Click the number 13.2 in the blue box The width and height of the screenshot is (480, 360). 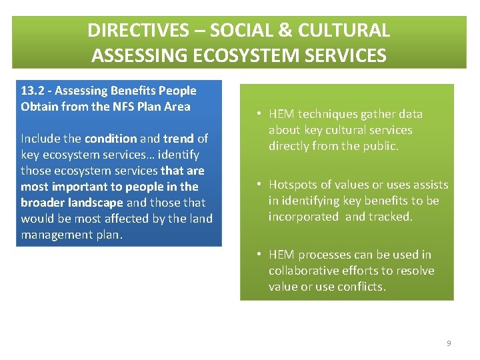click(33, 91)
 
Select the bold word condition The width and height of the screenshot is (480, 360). click(111, 139)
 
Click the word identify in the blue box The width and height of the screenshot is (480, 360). click(178, 155)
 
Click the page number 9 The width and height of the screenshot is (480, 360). click(449, 343)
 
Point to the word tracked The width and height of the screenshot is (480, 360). click(391, 217)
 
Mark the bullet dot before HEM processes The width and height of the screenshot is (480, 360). click(259, 255)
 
